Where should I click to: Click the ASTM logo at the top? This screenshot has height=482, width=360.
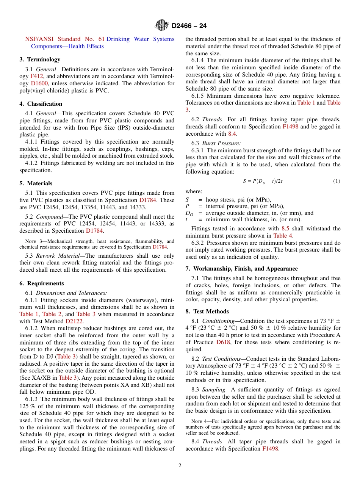pyautogui.click(x=161, y=26)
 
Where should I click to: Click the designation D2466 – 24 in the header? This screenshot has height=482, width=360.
pyautogui.click(x=189, y=26)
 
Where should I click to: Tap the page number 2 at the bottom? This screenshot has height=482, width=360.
pyautogui.click(x=180, y=466)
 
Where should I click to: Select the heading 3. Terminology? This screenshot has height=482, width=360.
pyautogui.click(x=40, y=59)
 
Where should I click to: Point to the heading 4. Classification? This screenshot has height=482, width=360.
pyautogui.click(x=41, y=104)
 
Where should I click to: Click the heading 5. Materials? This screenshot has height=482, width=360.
pyautogui.click(x=36, y=183)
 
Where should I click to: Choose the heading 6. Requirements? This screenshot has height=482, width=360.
pyautogui.click(x=42, y=283)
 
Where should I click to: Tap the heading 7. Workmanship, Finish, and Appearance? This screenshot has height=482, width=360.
pyautogui.click(x=241, y=269)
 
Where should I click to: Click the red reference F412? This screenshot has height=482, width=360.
pyautogui.click(x=36, y=76)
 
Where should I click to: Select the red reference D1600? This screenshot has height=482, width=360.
pyautogui.click(x=39, y=83)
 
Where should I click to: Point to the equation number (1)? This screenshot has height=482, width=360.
pyautogui.click(x=337, y=181)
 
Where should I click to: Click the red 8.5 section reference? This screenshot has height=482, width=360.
pyautogui.click(x=285, y=228)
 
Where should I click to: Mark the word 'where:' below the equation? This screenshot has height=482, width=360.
pyautogui.click(x=194, y=191)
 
